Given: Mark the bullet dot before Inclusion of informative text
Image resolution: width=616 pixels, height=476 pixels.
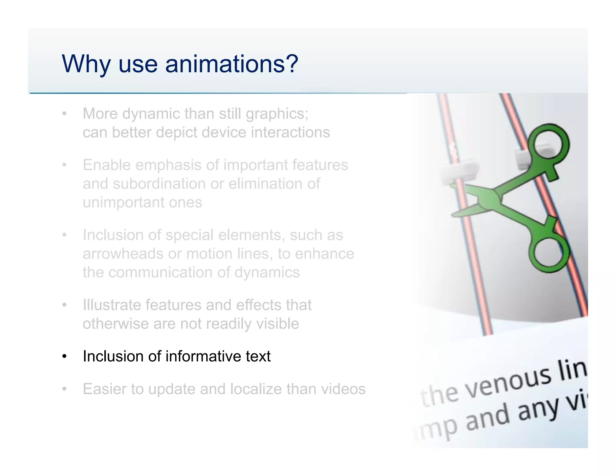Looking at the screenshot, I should (x=64, y=357).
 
